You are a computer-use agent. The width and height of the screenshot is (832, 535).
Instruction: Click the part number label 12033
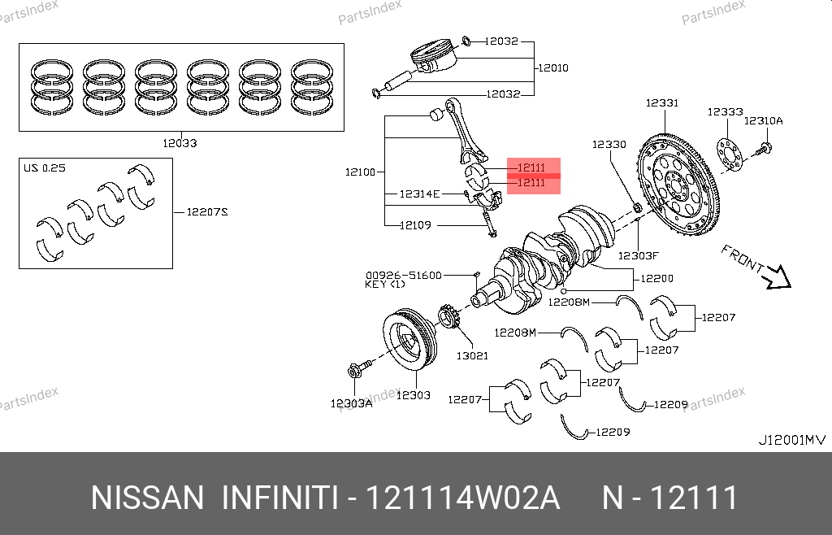click(180, 143)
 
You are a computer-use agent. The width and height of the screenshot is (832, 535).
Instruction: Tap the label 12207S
click(206, 212)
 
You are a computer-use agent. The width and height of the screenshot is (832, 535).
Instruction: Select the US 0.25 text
click(44, 168)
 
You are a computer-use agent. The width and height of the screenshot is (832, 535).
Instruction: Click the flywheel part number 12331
click(662, 103)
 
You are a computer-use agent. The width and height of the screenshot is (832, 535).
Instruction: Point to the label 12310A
click(764, 120)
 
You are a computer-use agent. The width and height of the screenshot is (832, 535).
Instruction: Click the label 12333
click(724, 112)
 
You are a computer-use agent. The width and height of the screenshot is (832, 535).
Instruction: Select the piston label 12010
click(552, 67)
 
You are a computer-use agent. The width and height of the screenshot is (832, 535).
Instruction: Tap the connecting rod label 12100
click(360, 172)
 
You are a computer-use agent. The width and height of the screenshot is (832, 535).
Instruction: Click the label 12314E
click(419, 194)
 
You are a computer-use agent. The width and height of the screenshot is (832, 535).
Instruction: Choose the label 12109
click(415, 225)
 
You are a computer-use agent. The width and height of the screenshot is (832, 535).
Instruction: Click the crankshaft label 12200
click(656, 278)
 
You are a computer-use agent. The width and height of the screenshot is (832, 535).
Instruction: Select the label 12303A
click(351, 403)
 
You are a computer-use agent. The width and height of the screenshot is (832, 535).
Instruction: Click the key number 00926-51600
click(403, 276)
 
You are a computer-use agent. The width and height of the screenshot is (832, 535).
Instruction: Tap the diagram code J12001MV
click(791, 440)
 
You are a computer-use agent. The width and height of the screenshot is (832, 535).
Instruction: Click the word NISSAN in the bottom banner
click(146, 498)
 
